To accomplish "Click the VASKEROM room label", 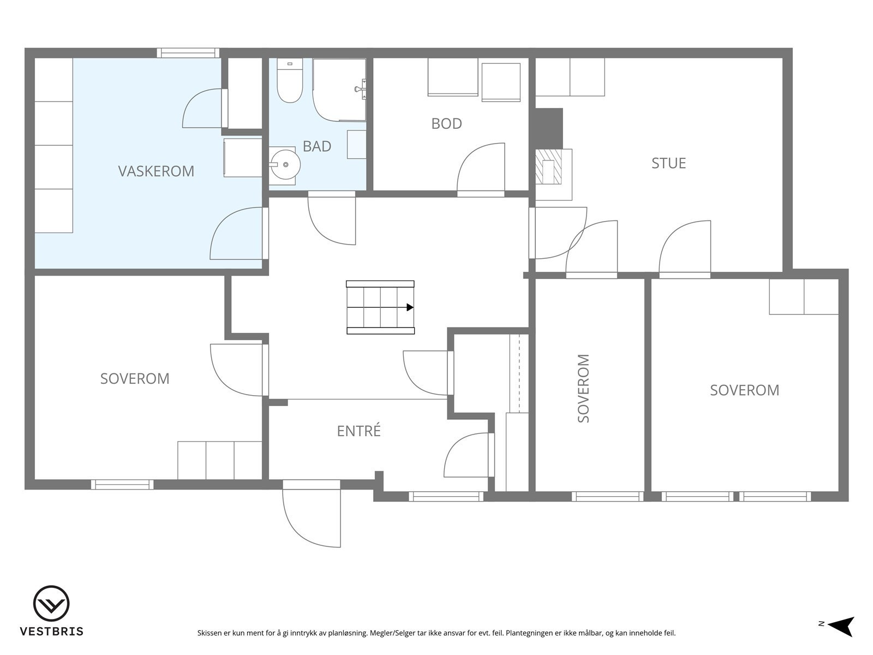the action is click(x=156, y=171).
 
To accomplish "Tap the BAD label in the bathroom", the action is click(x=317, y=146).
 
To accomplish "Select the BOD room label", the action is click(x=447, y=124).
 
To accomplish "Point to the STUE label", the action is click(x=668, y=163).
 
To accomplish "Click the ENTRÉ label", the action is click(x=358, y=431).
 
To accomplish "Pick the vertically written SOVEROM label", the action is click(x=583, y=388).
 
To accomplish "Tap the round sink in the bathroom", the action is click(x=285, y=164).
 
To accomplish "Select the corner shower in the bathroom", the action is click(x=339, y=90).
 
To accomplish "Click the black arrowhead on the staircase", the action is click(x=410, y=307).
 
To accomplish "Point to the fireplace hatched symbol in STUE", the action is click(x=549, y=166).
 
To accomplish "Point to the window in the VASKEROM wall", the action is click(x=188, y=53).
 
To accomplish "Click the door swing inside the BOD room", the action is click(x=481, y=168).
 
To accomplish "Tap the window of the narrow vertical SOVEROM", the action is click(x=608, y=496).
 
